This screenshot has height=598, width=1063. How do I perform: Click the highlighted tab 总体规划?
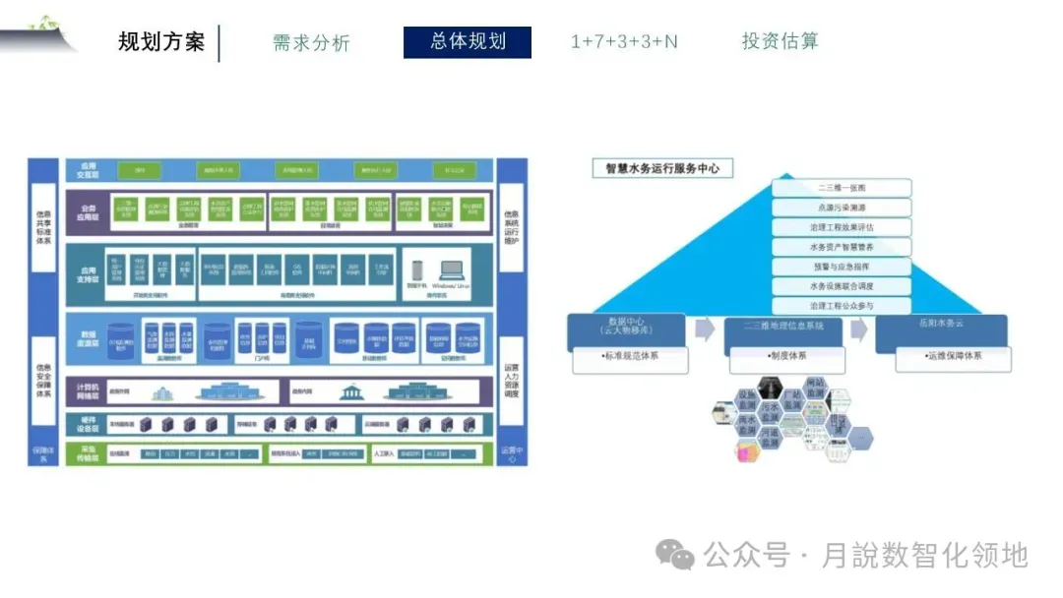coord(468,42)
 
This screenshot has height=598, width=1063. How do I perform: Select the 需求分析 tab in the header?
coord(311,43)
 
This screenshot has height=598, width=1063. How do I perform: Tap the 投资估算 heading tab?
coord(780,41)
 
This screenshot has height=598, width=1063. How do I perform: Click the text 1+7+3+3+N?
coord(624,42)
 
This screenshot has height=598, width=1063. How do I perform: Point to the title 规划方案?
coord(161,42)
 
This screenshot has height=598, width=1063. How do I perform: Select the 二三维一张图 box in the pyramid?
coord(842,188)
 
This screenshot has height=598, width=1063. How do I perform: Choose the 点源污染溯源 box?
coord(842,208)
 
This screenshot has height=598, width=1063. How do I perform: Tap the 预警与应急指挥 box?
coord(842,267)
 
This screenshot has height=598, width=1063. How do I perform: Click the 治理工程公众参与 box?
coord(842,306)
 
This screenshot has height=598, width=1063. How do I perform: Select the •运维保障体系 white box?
coord(953,356)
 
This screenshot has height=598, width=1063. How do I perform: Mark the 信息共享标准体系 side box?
coord(42,227)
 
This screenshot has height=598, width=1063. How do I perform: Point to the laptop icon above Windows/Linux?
coord(452,269)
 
